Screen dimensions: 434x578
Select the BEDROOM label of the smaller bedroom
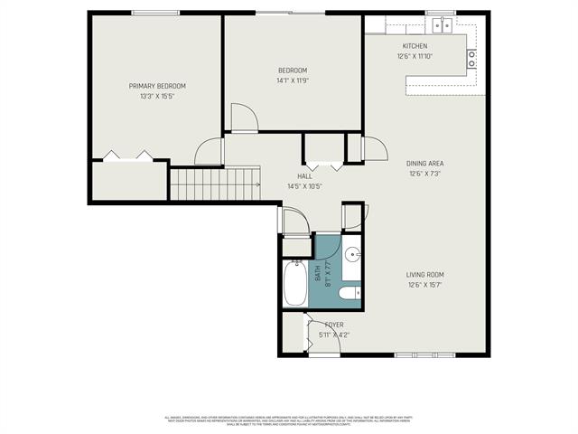(293, 71)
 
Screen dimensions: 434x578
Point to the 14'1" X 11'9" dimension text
(293, 80)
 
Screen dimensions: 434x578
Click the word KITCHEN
(415, 46)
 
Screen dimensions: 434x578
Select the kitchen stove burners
(471, 59)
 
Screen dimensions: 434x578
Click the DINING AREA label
(425, 164)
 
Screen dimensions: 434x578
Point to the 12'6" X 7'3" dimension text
(425, 174)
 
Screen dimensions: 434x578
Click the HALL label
(304, 176)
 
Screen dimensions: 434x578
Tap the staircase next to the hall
(215, 184)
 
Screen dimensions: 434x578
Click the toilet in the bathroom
(349, 292)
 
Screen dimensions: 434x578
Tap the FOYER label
(333, 325)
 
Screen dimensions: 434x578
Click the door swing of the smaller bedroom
(243, 118)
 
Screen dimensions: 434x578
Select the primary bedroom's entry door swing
(210, 151)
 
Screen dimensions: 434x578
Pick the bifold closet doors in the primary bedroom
(127, 156)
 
